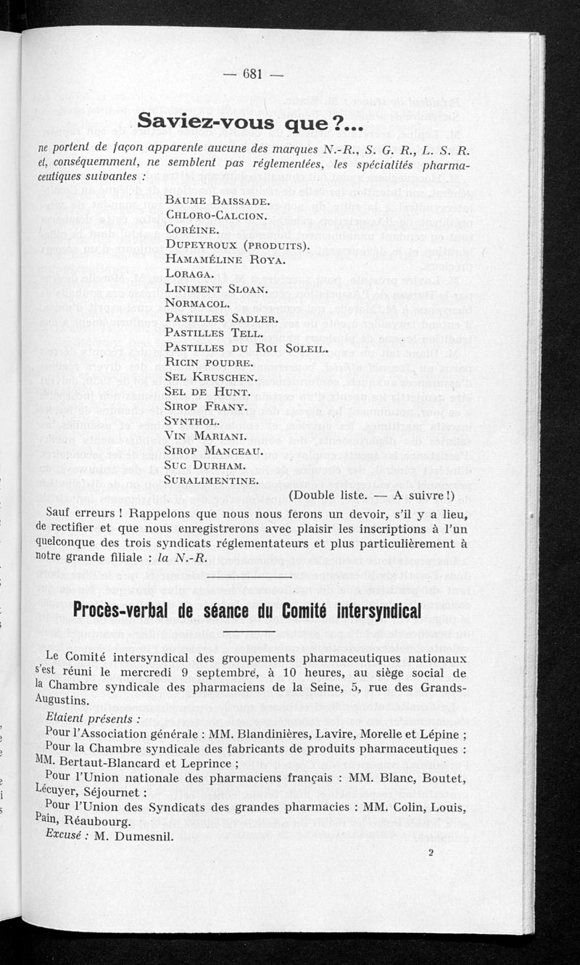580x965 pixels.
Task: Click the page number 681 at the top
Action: [x=252, y=73]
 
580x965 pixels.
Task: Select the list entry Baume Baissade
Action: [x=217, y=200]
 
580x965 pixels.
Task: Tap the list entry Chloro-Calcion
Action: [x=217, y=215]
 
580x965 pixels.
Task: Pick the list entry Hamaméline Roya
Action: [x=225, y=259]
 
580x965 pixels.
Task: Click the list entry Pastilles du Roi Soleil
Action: [x=247, y=348]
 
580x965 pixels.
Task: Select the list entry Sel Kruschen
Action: [x=210, y=377]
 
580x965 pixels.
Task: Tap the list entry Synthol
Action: [x=192, y=421]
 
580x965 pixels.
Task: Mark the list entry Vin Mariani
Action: [x=204, y=436]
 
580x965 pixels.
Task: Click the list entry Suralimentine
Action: [x=211, y=480]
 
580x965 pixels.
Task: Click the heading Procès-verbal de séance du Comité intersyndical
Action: [x=247, y=612]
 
